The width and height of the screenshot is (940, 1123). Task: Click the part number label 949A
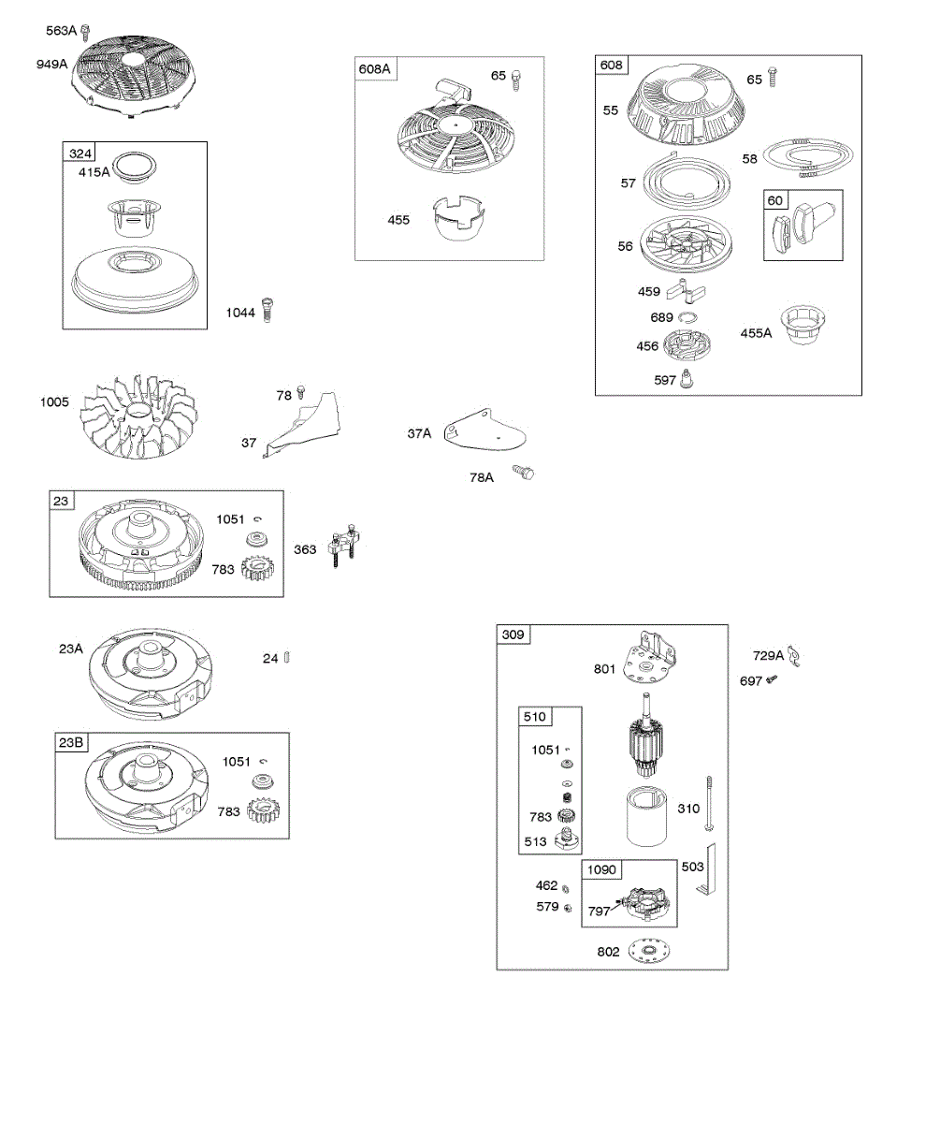pos(51,64)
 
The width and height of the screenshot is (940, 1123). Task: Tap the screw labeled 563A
pos(86,34)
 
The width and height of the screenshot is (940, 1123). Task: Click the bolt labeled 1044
pos(268,310)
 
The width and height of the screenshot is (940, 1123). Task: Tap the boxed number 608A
pos(374,68)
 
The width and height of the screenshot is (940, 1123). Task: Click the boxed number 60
pos(775,199)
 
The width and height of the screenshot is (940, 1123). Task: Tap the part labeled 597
pos(689,378)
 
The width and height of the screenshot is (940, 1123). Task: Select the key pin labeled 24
pos(290,658)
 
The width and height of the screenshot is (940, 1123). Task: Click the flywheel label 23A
pos(71,648)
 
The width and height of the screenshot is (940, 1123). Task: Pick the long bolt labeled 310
pos(713,804)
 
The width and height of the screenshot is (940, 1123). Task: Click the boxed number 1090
pos(602,869)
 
